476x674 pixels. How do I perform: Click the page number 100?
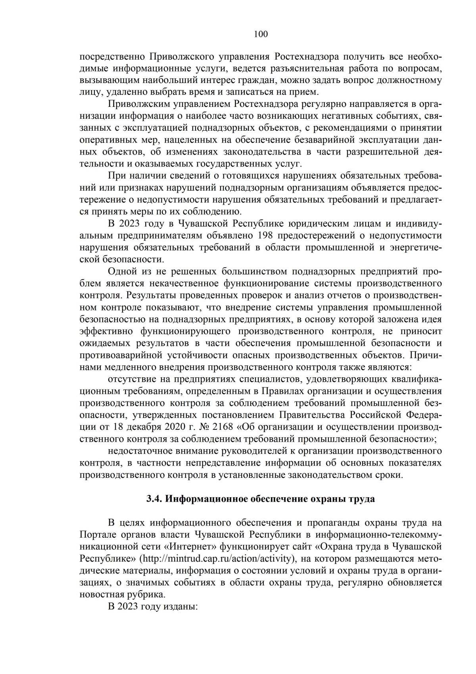pyautogui.click(x=261, y=34)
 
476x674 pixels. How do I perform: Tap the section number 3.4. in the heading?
pyautogui.click(x=154, y=499)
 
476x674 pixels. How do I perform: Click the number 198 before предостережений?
pyautogui.click(x=265, y=236)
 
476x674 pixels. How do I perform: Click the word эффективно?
pyautogui.click(x=105, y=331)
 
